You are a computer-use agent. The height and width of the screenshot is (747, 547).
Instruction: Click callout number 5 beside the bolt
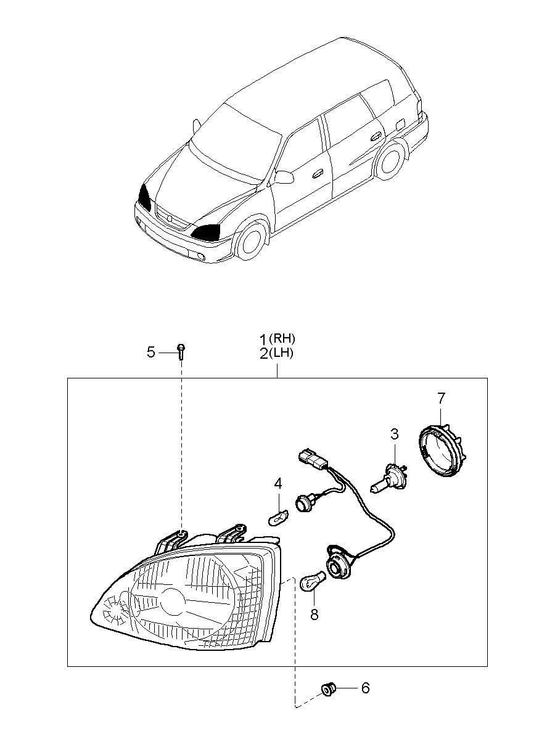coord(151,352)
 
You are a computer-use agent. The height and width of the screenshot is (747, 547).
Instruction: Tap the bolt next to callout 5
coord(181,351)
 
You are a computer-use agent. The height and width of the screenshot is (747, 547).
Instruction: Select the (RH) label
coord(284,338)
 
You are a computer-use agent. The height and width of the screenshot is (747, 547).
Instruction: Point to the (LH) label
coord(284,353)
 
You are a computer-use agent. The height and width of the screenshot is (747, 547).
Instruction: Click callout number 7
coord(441,398)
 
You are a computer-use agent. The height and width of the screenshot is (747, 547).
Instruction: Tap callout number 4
coord(278,484)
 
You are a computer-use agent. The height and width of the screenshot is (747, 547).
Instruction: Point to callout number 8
coord(315,614)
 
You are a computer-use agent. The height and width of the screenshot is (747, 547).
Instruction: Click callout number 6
coord(365,688)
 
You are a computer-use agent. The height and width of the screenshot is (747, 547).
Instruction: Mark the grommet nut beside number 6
coord(328,688)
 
